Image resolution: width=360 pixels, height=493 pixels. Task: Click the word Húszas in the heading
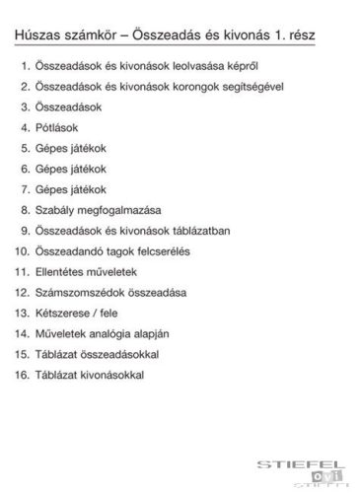tap(37, 37)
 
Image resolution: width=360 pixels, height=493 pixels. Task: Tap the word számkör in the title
tap(92, 37)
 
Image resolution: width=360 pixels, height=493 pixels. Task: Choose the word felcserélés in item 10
tap(179, 250)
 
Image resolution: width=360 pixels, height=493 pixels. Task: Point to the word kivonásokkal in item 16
tap(120, 374)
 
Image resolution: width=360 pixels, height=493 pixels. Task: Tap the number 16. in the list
tap(22, 374)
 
